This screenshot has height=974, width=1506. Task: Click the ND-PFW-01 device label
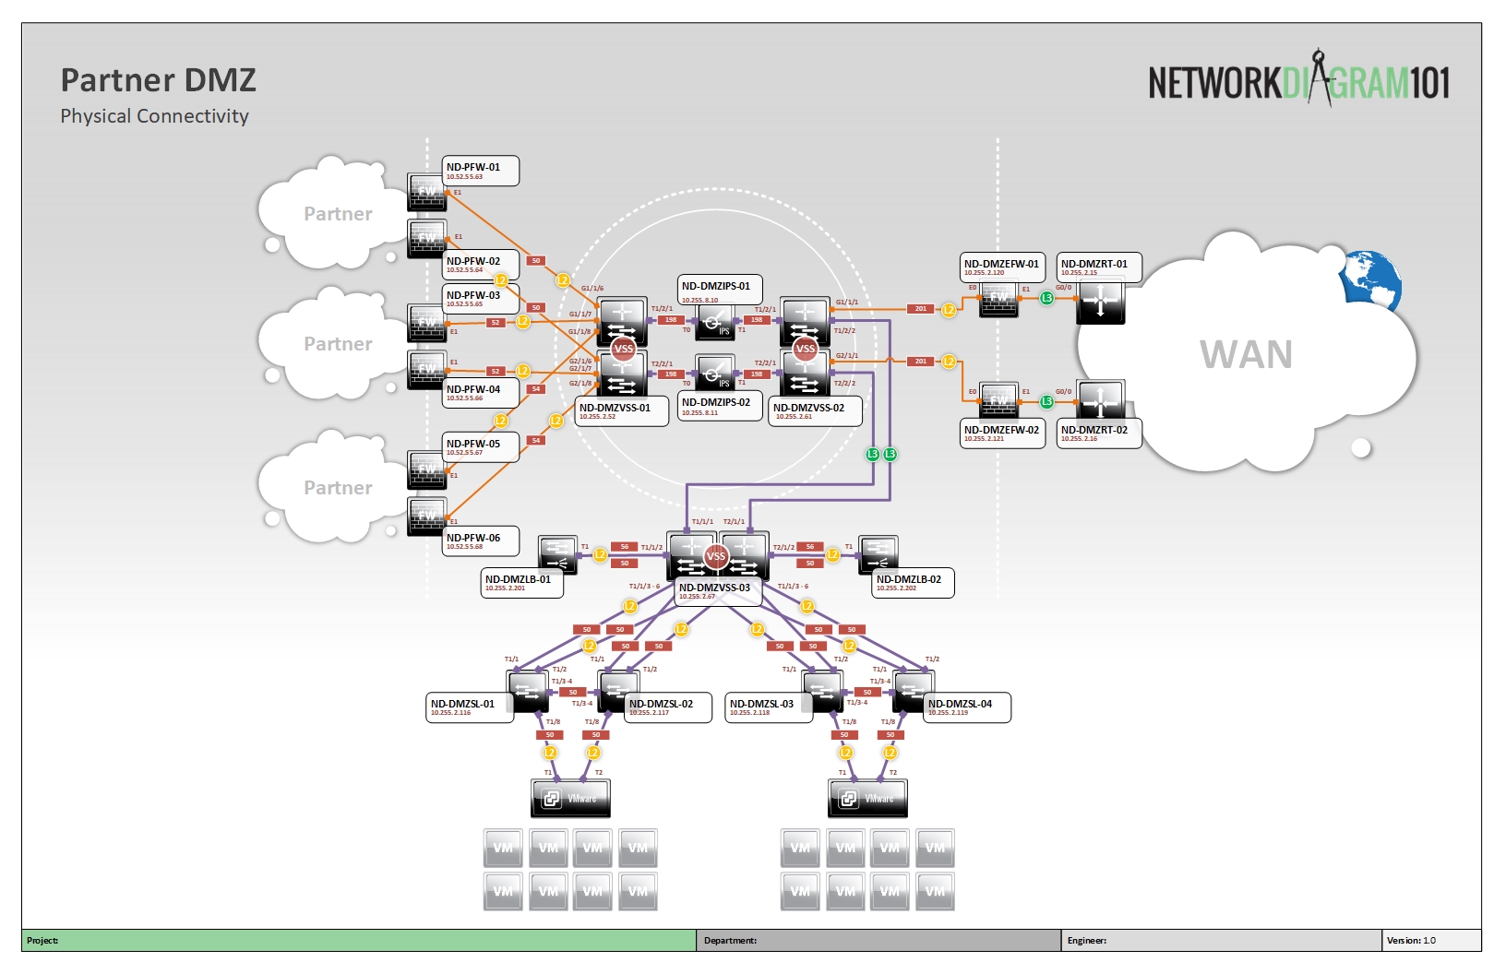480,171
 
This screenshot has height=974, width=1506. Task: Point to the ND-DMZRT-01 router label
1098,267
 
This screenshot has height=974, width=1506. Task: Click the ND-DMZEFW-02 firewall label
1002,434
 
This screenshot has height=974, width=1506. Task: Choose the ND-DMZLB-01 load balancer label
521,583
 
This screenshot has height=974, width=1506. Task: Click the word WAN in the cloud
1246,355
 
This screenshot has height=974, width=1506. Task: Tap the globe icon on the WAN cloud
1371,278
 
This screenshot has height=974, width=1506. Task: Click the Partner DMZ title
159,80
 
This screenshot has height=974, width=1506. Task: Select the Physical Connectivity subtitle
154,116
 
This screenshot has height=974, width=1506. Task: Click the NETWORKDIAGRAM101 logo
1298,82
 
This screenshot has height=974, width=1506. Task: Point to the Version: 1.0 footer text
1411,941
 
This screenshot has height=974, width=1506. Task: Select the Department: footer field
730,941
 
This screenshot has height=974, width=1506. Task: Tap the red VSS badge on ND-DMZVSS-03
716,556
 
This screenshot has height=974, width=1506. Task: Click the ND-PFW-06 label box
480,541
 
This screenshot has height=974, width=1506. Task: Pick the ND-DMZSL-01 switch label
469,707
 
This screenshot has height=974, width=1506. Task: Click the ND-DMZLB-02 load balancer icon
878,552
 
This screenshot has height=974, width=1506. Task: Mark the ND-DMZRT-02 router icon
1100,400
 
